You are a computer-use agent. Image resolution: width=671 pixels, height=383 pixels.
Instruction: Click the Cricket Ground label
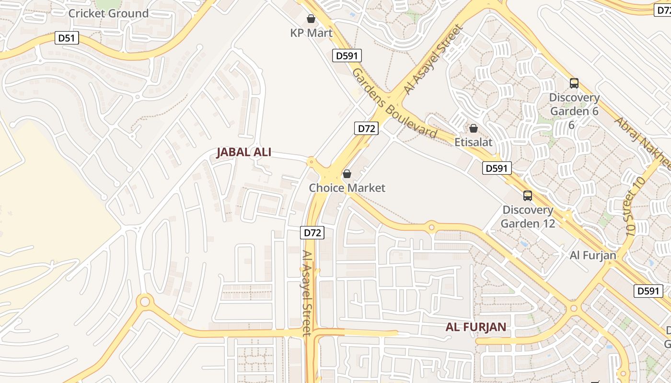click(108, 13)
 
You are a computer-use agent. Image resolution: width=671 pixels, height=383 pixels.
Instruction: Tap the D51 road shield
click(67, 38)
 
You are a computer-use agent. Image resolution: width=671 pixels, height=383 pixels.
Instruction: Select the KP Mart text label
click(311, 33)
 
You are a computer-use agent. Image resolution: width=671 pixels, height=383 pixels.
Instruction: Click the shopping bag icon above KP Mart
click(311, 19)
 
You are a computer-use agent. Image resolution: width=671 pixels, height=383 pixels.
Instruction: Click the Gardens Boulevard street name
click(394, 103)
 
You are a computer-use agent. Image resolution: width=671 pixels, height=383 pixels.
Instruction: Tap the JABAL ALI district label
click(244, 152)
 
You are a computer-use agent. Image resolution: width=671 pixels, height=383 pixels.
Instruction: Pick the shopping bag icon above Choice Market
click(347, 174)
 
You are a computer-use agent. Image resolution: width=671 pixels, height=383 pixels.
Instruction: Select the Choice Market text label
click(347, 188)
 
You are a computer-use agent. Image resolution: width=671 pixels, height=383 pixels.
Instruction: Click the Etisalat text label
click(473, 143)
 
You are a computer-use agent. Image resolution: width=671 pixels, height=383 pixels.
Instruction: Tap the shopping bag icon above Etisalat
click(473, 128)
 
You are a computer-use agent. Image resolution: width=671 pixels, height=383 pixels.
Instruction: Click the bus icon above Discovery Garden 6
click(574, 83)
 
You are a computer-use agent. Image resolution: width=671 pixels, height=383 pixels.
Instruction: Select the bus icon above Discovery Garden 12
click(528, 196)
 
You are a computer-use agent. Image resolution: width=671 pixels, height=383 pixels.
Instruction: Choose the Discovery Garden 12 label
click(528, 216)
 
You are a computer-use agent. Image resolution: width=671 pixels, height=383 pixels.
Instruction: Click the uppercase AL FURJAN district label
click(475, 327)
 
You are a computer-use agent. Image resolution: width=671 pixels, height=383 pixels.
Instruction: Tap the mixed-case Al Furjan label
click(592, 255)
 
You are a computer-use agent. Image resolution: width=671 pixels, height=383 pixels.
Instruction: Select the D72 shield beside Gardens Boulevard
click(367, 128)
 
